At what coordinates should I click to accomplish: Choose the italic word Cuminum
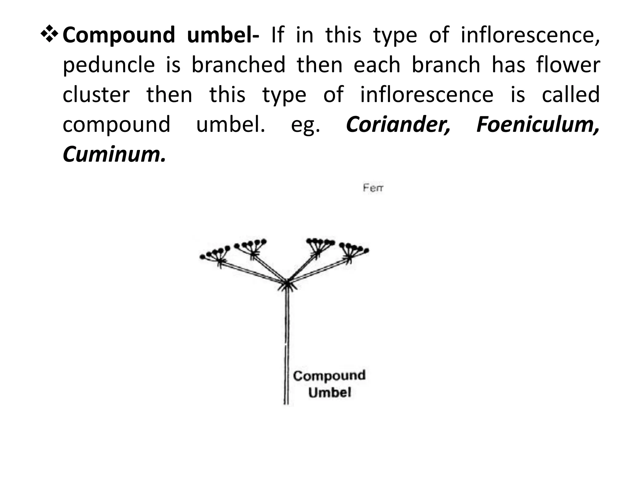[114, 154]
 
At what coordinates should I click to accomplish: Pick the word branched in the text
[238, 65]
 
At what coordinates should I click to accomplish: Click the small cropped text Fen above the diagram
[373, 188]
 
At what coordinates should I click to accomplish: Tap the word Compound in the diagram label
[329, 375]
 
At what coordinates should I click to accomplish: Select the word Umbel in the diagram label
[329, 392]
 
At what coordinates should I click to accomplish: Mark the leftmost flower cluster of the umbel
[215, 254]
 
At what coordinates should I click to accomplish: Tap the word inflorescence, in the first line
[530, 35]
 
